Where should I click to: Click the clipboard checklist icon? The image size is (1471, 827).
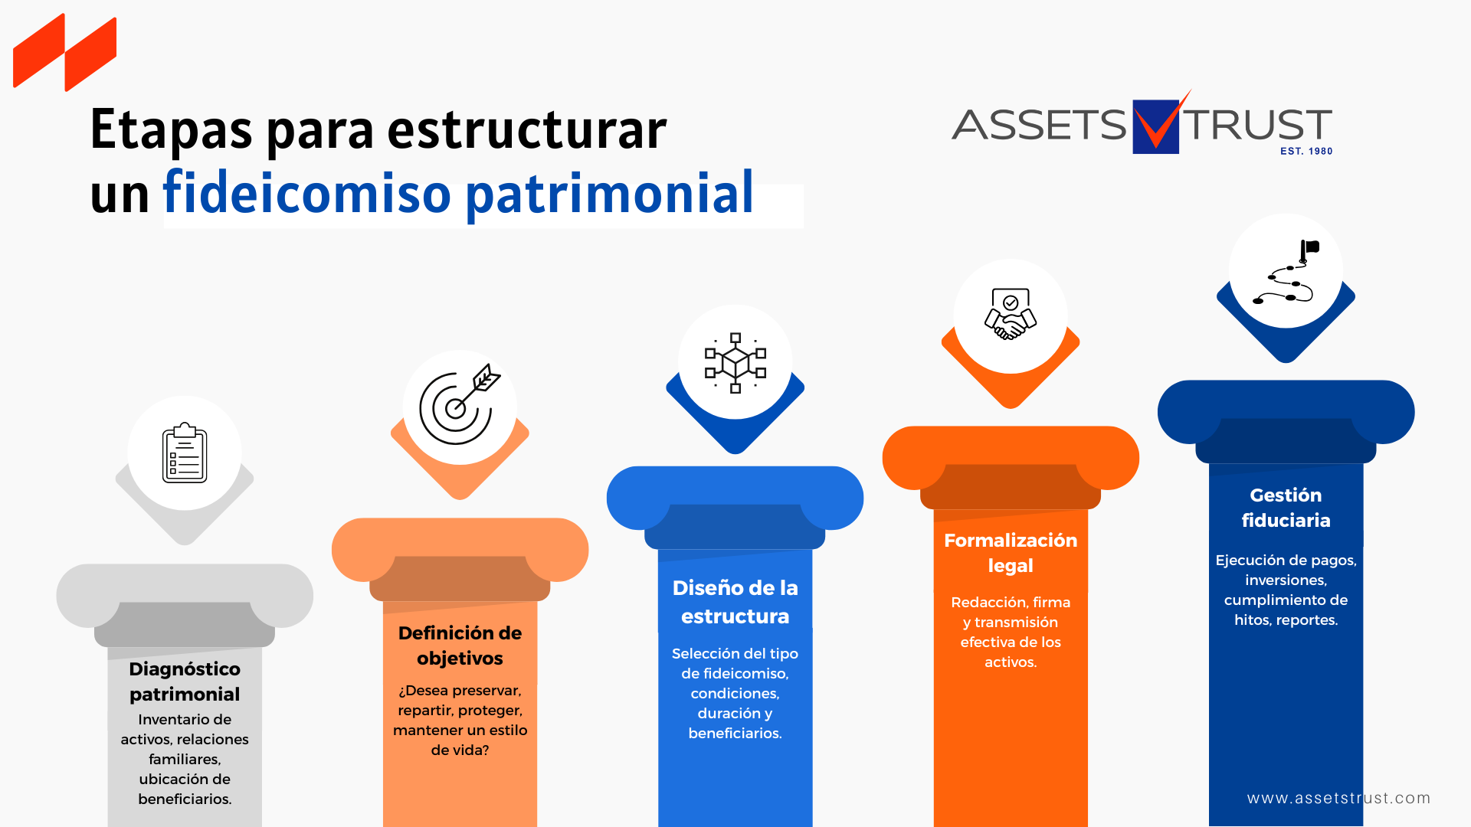coord(185,453)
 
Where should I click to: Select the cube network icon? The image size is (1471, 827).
coord(735,363)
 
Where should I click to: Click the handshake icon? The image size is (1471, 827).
coord(1011,314)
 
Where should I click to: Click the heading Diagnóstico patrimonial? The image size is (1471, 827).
coord(185,682)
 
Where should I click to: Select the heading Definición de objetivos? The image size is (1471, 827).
coord(460,646)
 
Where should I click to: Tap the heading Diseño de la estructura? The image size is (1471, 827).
coord(735,602)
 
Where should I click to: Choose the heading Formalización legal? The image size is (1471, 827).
coord(1011,553)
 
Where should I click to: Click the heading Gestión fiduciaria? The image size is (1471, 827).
coord(1286,508)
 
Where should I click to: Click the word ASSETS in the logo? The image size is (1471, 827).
coord(1039,125)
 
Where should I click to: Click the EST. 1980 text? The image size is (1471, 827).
coord(1306,152)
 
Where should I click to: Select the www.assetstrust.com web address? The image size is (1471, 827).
coord(1338,798)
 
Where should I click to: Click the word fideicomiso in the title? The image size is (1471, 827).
coord(306,192)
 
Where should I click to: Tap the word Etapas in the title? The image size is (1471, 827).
coord(171,131)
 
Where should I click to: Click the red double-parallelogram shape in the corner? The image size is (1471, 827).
coord(65,52)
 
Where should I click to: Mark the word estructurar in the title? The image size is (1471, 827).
coord(527,129)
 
